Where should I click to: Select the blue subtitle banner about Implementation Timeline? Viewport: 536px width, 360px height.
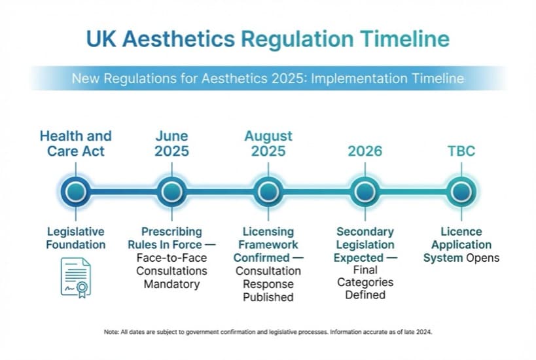[268, 79]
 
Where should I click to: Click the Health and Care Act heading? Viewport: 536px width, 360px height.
[76, 143]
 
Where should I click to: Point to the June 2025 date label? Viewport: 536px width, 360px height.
[171, 143]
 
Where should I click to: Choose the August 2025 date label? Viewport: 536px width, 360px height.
[268, 143]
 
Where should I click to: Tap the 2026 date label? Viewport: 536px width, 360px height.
[365, 151]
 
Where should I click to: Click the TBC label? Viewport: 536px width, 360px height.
[461, 151]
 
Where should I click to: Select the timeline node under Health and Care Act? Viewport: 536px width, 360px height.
[76, 192]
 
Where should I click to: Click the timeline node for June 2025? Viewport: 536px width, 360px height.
[171, 192]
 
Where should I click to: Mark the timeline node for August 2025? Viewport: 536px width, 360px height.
[268, 192]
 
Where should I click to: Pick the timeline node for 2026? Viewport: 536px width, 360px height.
[365, 192]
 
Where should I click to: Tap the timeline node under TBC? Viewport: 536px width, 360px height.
[461, 192]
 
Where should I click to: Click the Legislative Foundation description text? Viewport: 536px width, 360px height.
[76, 238]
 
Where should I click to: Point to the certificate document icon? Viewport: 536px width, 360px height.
[76, 276]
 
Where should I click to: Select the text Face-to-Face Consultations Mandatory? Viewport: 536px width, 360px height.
[171, 271]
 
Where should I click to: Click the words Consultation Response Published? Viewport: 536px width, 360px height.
[268, 284]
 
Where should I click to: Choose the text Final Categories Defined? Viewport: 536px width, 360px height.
[365, 282]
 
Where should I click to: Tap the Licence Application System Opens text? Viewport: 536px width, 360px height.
[461, 245]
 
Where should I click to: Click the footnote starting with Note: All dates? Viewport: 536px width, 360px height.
[268, 332]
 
